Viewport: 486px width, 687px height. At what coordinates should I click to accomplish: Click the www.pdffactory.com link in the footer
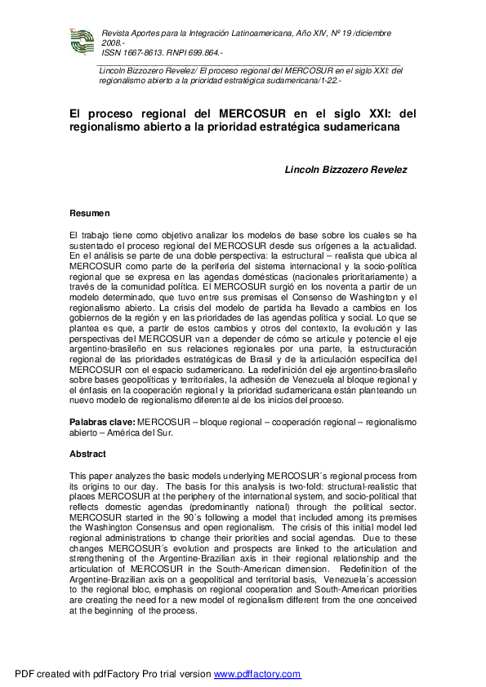[x=257, y=675]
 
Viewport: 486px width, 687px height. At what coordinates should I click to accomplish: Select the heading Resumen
[x=89, y=213]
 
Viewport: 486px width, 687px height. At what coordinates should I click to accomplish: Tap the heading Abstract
[x=87, y=454]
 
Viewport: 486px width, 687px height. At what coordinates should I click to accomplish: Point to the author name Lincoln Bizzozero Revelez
[x=346, y=170]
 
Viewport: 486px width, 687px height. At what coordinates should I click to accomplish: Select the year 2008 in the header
[x=111, y=42]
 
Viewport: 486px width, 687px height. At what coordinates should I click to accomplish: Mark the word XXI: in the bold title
[x=356, y=114]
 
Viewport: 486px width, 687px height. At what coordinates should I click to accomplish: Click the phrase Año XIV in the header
[x=306, y=33]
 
